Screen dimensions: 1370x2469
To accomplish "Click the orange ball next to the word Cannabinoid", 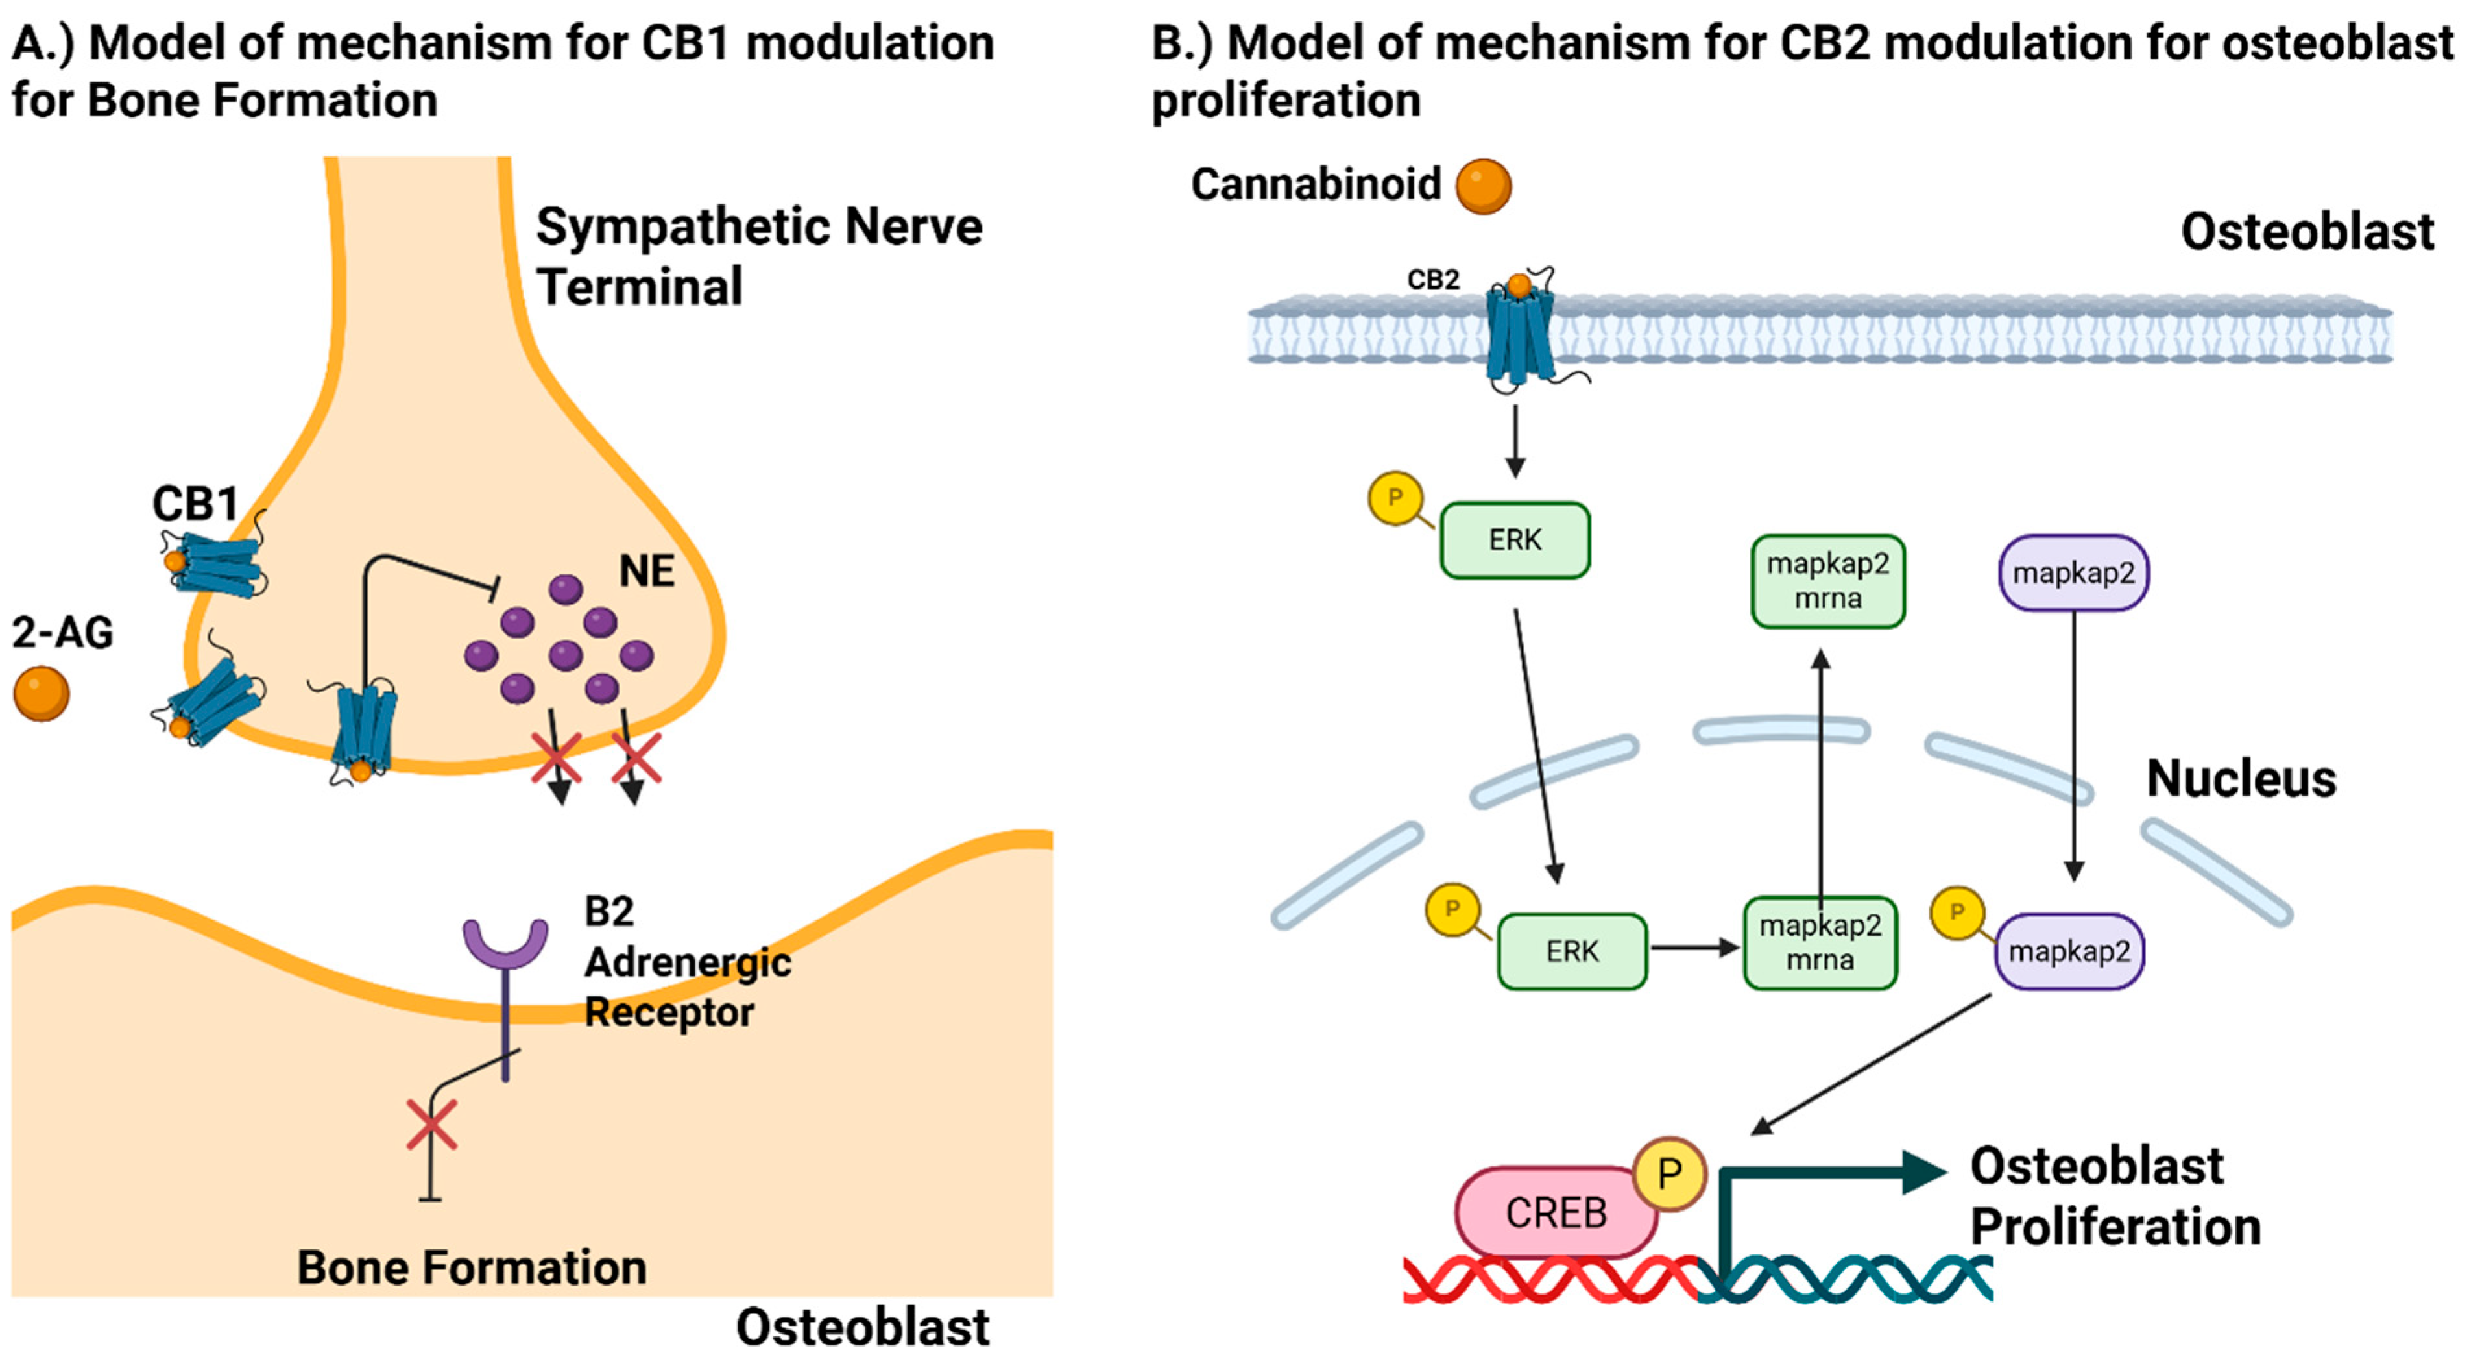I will click(x=1483, y=186).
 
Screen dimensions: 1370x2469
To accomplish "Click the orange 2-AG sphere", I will click(x=42, y=693).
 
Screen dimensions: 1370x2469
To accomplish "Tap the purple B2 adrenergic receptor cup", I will click(x=505, y=944).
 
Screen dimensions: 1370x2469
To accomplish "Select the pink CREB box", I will click(x=1554, y=1213).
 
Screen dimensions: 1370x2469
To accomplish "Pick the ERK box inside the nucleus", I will click(x=1572, y=951).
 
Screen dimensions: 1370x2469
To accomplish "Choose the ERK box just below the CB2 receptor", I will click(x=1514, y=540).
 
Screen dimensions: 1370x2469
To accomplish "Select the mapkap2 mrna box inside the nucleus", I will click(x=1819, y=942).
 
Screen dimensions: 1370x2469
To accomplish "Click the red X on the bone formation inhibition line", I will click(x=431, y=1125).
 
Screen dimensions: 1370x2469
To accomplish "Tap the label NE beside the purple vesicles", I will click(x=646, y=571).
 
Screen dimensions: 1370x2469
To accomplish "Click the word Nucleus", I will click(x=2240, y=779).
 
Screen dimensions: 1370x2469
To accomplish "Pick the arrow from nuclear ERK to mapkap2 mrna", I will click(x=1694, y=948).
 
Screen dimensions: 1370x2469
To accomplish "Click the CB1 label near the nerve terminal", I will click(x=195, y=504).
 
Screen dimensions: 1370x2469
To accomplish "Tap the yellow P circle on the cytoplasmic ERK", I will click(x=1395, y=498).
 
